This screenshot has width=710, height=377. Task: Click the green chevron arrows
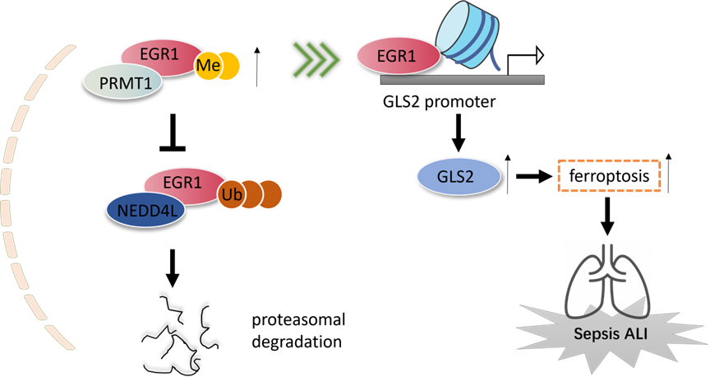pos(316,58)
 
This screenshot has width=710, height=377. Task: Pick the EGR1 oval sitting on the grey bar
pos(396,58)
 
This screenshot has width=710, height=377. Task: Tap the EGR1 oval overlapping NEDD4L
pos(182,181)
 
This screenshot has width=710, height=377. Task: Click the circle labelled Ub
pos(231,194)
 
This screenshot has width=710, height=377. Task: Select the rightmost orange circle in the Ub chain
pos(270,194)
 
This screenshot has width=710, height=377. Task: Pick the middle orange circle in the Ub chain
pos(251,194)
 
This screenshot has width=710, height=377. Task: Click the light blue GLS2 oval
pos(458,176)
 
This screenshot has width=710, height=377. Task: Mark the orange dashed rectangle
pos(609,175)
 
